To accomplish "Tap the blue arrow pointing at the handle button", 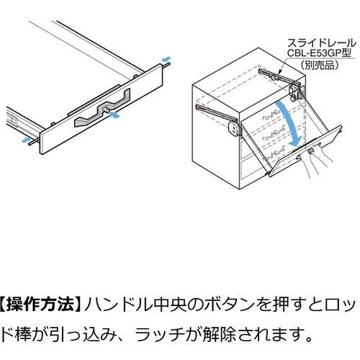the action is coord(114,115).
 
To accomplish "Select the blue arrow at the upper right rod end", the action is coord(166,59).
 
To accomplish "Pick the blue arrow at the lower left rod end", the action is coord(26,140).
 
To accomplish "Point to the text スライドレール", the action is coord(322,43).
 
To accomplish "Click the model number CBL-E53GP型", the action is coord(319,53).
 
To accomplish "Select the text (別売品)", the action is coord(319,65).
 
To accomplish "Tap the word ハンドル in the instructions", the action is coord(111,305).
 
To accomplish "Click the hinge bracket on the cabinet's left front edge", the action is coord(233,129).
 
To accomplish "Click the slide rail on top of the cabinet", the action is coord(280,77).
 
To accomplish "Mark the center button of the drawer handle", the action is coord(106,109).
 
